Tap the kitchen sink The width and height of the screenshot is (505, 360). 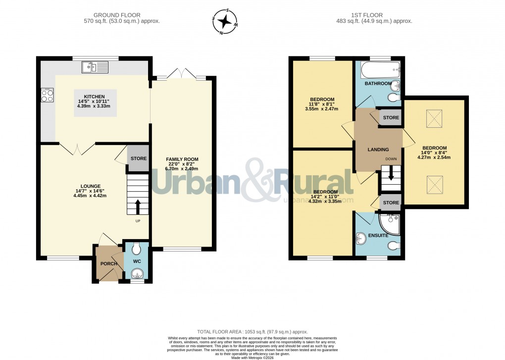coord(96,67)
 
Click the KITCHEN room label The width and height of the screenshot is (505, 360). coord(94,96)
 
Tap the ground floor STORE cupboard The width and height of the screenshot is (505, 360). coord(138,159)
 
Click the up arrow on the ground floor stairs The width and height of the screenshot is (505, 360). coord(138,206)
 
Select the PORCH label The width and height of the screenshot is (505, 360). coord(108,263)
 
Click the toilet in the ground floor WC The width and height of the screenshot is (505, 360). coord(137,249)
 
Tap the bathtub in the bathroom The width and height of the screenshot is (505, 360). coord(379,71)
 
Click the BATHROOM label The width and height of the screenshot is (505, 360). coord(378,84)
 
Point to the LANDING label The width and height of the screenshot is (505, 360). coord(378,150)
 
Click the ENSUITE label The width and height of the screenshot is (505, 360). coord(378,235)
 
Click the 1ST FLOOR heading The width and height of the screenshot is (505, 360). coord(379,15)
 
